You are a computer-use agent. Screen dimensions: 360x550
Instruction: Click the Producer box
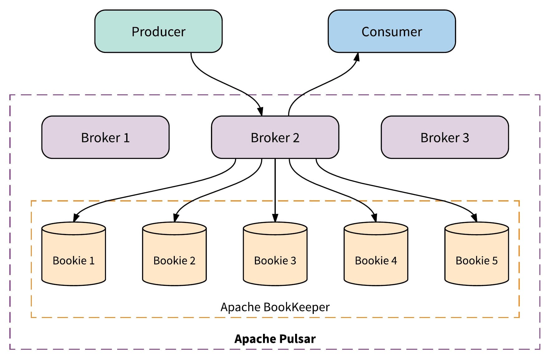tap(158, 31)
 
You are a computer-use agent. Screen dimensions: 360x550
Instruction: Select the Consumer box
tap(392, 31)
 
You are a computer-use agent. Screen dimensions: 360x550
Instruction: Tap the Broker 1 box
tap(105, 137)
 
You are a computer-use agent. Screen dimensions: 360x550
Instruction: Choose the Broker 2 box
tap(275, 137)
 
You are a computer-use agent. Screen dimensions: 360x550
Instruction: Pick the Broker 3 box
tap(445, 137)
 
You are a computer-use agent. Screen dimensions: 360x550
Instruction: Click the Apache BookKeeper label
tap(275, 307)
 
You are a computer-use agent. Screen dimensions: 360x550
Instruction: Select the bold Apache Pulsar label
tap(275, 339)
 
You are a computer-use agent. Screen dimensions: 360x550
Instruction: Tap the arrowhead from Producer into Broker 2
tap(261, 111)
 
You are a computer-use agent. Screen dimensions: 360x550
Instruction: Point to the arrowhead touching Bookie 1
tap(76, 217)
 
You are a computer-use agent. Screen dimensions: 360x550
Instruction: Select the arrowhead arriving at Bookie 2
tap(176, 217)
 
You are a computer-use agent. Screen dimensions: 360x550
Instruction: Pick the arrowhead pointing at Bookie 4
tap(374, 217)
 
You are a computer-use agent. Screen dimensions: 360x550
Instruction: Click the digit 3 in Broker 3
tap(466, 138)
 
